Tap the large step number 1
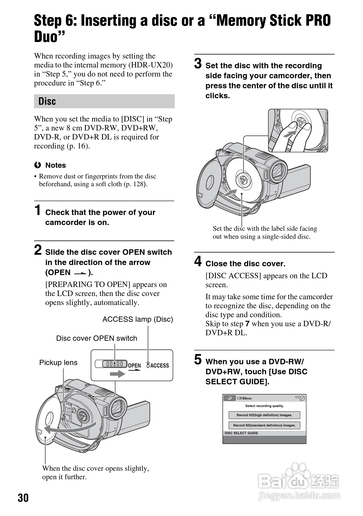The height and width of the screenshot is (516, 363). pos(38,210)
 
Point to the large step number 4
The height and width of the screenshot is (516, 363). pos(198,261)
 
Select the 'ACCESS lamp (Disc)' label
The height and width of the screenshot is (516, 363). pos(137,319)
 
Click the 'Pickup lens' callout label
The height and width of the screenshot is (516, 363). pos(58,362)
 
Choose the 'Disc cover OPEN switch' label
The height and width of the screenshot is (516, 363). pos(96,338)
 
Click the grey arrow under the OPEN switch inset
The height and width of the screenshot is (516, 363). pos(117,374)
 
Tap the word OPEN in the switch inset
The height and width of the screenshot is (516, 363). pos(134,365)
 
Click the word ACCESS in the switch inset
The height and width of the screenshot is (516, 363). pos(159,365)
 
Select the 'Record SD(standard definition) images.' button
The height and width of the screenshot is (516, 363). pos(264,425)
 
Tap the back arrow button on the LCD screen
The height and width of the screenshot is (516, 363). pos(229,398)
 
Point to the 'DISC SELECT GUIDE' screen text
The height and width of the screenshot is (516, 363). pos(241,433)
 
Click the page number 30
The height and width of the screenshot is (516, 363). pos(23,498)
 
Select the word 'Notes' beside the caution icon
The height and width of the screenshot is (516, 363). pos(55,165)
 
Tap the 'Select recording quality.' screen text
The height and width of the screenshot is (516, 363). pos(264,406)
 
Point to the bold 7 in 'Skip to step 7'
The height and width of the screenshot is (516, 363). pos(247,324)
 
